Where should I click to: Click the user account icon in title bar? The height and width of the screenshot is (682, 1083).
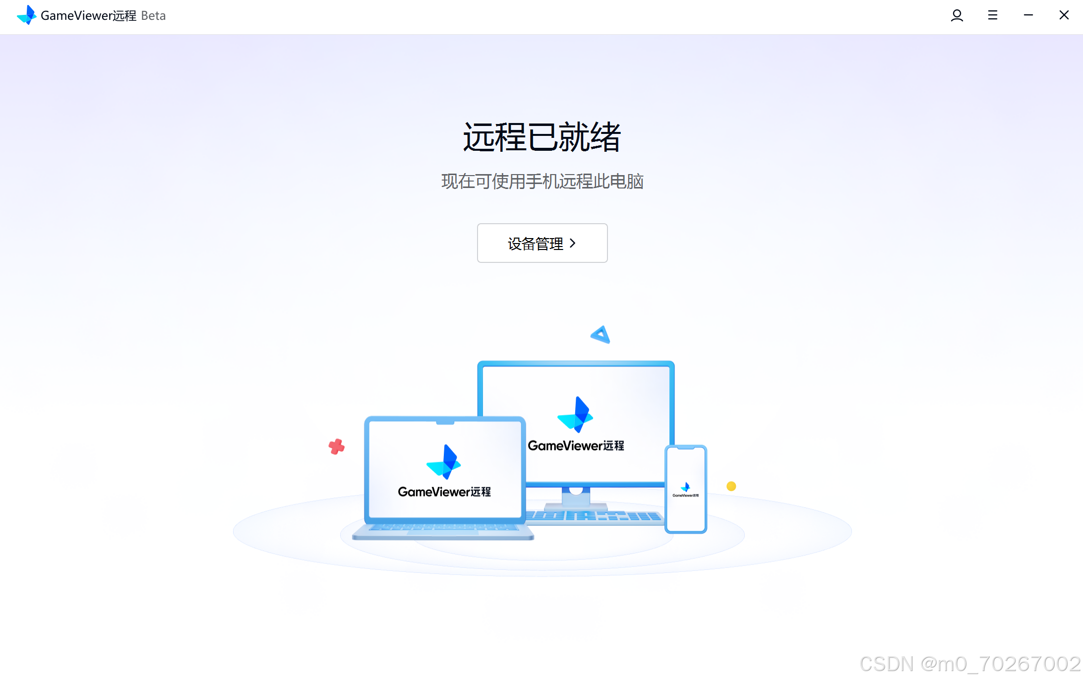957,15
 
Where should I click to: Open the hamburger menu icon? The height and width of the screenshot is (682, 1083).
992,15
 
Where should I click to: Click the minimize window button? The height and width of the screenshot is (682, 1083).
1028,15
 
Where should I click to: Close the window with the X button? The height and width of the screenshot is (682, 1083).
1064,15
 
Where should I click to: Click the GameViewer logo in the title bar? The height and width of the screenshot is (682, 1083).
27,15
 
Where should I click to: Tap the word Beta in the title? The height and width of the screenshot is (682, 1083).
153,16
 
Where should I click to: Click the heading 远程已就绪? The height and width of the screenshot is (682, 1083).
541,137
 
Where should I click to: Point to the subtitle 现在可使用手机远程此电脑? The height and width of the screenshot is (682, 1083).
542,182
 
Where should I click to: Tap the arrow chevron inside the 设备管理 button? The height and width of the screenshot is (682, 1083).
573,243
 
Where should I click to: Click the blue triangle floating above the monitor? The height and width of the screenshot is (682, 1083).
601,335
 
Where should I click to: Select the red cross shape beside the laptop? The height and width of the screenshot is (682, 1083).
337,446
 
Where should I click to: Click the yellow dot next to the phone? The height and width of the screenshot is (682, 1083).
731,486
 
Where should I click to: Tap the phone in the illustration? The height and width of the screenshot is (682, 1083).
686,489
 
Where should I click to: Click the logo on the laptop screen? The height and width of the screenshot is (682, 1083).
444,462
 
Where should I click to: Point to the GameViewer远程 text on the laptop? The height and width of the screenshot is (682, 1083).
444,492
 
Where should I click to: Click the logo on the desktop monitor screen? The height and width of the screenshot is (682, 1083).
576,415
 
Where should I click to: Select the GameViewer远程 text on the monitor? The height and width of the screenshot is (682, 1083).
576,445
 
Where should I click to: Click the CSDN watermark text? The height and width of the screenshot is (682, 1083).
969,664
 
